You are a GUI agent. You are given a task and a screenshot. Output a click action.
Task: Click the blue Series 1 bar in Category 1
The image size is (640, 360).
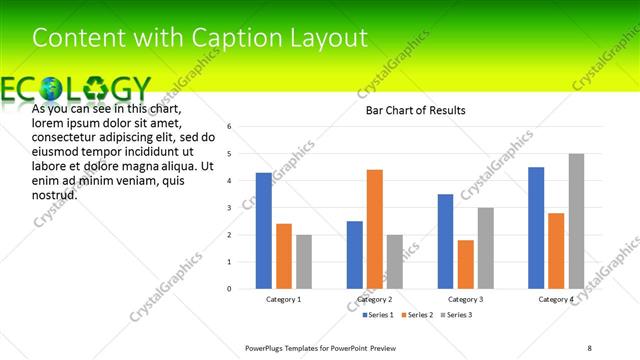pyautogui.click(x=263, y=230)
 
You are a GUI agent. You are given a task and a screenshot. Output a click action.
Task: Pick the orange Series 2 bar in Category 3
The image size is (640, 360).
pyautogui.click(x=466, y=264)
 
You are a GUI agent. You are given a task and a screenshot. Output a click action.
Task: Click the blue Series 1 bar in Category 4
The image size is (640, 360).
pyautogui.click(x=536, y=227)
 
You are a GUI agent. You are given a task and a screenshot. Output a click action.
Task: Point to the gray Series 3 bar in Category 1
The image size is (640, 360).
pyautogui.click(x=304, y=261)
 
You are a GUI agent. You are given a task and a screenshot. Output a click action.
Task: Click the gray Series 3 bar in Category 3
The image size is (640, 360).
pyautogui.click(x=486, y=248)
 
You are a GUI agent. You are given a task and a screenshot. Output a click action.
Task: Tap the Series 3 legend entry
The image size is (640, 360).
pyautogui.click(x=457, y=315)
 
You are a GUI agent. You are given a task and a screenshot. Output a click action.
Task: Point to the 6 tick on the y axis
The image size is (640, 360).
pyautogui.click(x=229, y=127)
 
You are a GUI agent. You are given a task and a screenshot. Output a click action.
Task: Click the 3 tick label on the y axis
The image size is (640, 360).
pyautogui.click(x=229, y=208)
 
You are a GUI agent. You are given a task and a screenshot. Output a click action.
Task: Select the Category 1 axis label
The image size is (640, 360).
pyautogui.click(x=283, y=299)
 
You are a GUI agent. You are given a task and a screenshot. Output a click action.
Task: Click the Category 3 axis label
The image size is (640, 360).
pyautogui.click(x=466, y=299)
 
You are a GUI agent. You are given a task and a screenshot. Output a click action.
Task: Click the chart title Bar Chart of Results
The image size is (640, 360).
pyautogui.click(x=415, y=110)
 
